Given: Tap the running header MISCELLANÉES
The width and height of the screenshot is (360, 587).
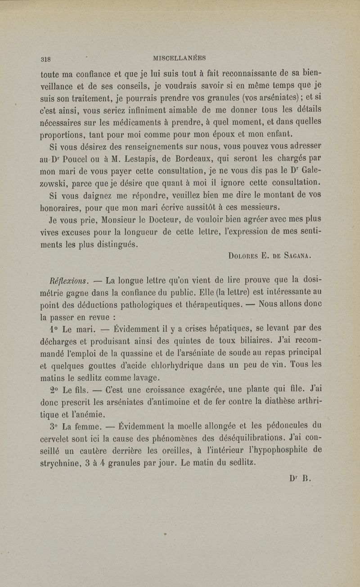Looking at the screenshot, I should click(x=180, y=58).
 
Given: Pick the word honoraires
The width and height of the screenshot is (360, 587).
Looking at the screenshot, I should click(x=60, y=209).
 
